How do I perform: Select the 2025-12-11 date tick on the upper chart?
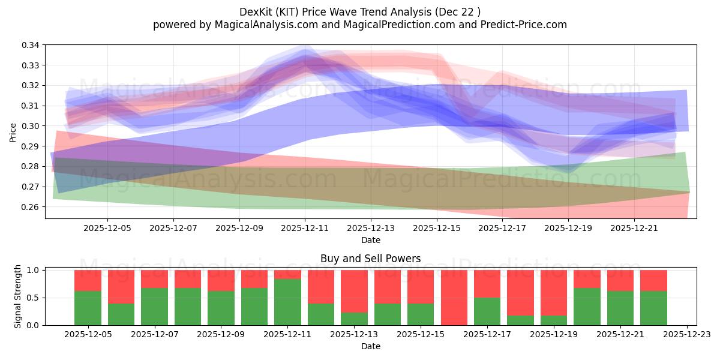(x=305, y=228)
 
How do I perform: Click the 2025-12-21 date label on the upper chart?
(x=634, y=228)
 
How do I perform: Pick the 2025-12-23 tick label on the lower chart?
(x=685, y=334)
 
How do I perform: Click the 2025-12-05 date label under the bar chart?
(x=88, y=334)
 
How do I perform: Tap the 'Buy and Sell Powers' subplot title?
(x=370, y=259)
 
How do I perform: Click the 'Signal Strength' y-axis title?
(x=18, y=296)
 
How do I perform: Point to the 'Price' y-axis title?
(x=13, y=132)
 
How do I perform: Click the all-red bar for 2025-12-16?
(x=454, y=297)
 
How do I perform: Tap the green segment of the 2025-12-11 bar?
(x=287, y=302)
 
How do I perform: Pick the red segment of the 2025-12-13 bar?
(x=354, y=291)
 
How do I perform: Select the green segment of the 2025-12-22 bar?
(x=653, y=308)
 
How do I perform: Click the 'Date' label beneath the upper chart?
(x=370, y=240)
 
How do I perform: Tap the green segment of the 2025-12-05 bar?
(x=88, y=308)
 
